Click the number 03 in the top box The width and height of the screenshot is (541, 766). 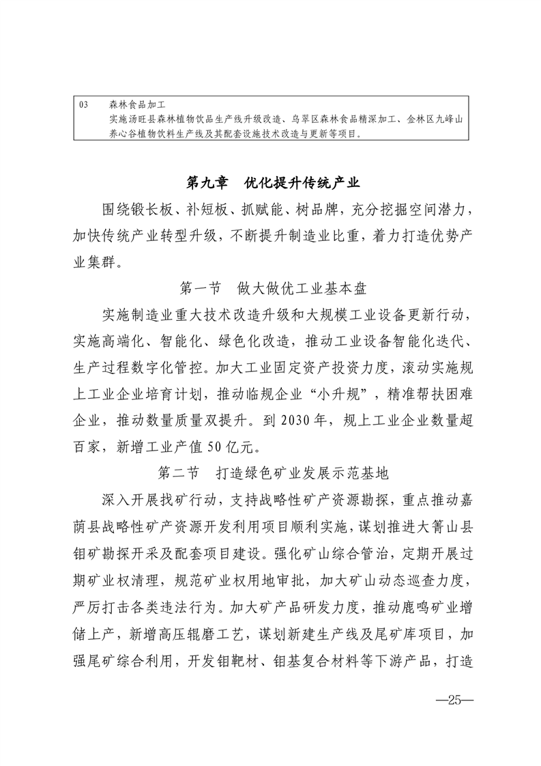tap(84, 105)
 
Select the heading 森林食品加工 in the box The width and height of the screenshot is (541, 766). tap(132, 105)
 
